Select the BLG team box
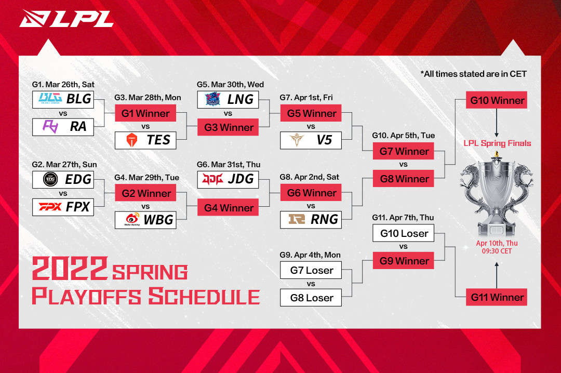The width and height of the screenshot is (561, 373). pyautogui.click(x=63, y=99)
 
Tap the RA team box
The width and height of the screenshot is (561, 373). pyautogui.click(x=63, y=127)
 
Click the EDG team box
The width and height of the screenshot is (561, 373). pyautogui.click(x=63, y=180)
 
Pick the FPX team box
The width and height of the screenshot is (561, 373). pyautogui.click(x=63, y=207)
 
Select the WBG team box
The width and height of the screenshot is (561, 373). pyautogui.click(x=145, y=220)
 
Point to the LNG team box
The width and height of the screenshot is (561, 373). pyautogui.click(x=228, y=99)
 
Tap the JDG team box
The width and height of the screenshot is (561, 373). pyautogui.click(x=228, y=179)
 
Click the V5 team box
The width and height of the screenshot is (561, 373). pyautogui.click(x=311, y=140)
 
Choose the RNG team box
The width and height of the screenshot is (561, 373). pyautogui.click(x=311, y=220)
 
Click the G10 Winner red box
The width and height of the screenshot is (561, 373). pyautogui.click(x=498, y=100)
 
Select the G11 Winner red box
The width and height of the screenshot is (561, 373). pyautogui.click(x=498, y=298)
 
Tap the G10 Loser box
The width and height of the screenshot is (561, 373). pyautogui.click(x=404, y=233)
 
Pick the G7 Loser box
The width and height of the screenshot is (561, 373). pyautogui.click(x=311, y=270)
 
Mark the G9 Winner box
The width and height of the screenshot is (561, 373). pyautogui.click(x=404, y=261)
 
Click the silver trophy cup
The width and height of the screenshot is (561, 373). pyautogui.click(x=497, y=192)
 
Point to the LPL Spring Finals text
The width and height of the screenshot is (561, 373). pyautogui.click(x=497, y=143)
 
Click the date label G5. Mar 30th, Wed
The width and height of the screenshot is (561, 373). pyautogui.click(x=230, y=85)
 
